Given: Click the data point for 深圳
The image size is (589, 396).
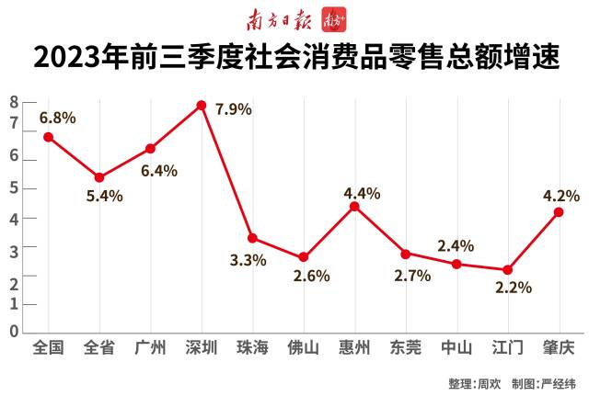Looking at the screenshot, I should point(202,105).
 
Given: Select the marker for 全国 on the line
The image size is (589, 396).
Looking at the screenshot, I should point(48,137).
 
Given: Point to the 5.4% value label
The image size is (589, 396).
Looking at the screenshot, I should point(104,195).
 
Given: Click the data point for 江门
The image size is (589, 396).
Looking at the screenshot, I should point(507,269).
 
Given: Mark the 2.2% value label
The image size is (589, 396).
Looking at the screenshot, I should point(514,288).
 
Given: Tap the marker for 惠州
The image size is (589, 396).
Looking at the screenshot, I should point(354,206).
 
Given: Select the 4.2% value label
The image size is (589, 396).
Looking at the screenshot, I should point(560,195).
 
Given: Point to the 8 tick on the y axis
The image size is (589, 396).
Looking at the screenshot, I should point(14,102).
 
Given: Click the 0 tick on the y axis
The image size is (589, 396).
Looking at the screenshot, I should point(14,331).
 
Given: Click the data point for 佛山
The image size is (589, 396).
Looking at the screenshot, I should point(304,257).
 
